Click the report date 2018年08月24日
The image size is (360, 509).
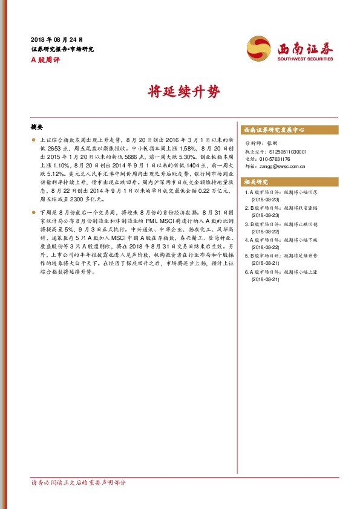click(56, 39)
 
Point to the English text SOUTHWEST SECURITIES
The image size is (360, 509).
click(305, 59)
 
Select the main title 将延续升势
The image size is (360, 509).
click(180, 92)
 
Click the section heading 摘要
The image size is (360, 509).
click(37, 128)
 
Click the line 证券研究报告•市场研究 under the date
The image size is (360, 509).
click(62, 49)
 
